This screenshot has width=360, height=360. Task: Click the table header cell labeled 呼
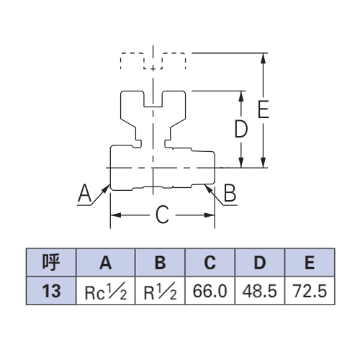[x=51, y=262]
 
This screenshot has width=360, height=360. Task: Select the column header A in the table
[x=106, y=262]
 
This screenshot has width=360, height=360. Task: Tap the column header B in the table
[x=160, y=262]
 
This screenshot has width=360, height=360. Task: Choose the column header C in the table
[x=210, y=262]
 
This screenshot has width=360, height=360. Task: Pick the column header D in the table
[x=260, y=262]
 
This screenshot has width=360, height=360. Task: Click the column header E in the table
[x=310, y=262]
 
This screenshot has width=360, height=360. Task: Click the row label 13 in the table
[x=51, y=291]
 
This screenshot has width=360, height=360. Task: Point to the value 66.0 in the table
[x=210, y=291]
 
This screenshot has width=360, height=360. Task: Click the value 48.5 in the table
[x=260, y=291]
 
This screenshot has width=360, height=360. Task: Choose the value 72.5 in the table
[x=310, y=291]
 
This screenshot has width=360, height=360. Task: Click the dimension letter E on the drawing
[x=264, y=109]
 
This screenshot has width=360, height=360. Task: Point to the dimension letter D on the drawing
[x=240, y=129]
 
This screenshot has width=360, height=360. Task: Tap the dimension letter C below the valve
[x=162, y=215]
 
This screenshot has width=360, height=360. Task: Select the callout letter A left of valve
[x=85, y=193]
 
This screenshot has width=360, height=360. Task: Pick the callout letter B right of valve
[x=230, y=193]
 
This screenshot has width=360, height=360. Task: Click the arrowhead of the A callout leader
[x=106, y=189]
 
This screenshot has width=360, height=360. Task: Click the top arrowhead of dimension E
[x=264, y=58]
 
